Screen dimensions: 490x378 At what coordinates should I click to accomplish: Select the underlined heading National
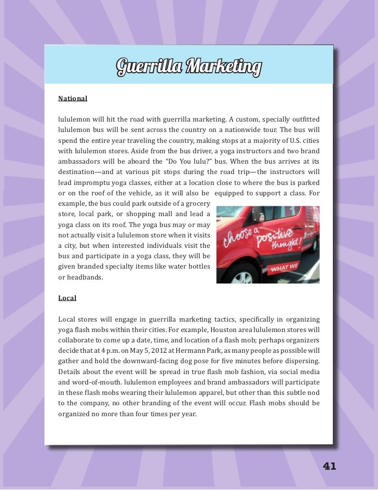coord(73,98)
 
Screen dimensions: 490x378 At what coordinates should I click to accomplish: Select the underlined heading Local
coord(67,298)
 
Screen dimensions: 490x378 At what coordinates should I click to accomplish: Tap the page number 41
coord(330,466)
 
